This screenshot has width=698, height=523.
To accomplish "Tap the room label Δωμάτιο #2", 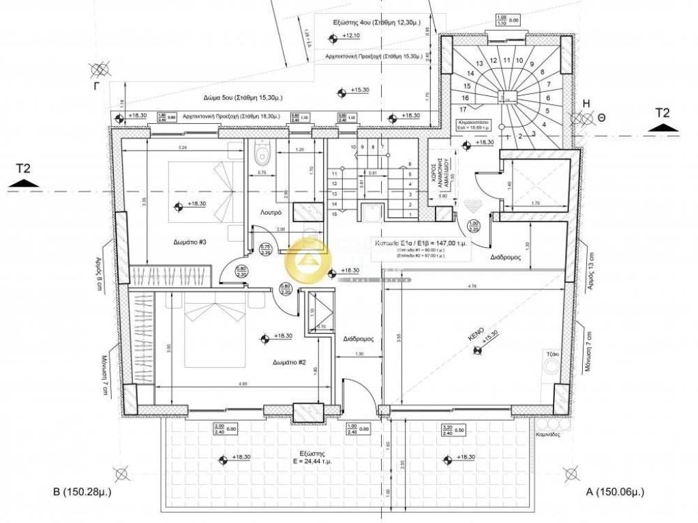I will [x=288, y=362].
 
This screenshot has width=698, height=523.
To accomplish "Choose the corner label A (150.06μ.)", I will [x=616, y=492].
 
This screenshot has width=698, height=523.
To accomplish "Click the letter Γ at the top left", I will [x=98, y=88].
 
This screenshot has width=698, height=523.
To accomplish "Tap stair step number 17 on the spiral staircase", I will [x=463, y=109].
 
